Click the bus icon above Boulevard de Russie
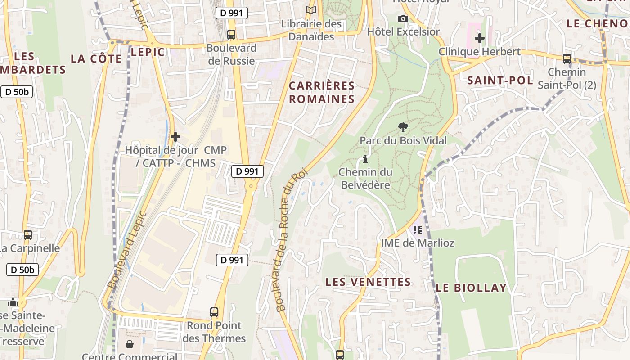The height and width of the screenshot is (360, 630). [231, 34]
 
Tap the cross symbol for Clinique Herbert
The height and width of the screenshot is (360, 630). [480, 38]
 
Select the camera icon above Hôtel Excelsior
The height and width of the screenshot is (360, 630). [403, 18]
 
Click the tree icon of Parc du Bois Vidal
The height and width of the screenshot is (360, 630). [403, 127]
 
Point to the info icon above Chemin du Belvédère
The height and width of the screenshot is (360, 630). [365, 159]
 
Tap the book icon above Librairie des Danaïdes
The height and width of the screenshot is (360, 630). [311, 10]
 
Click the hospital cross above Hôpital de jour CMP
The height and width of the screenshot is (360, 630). [175, 136]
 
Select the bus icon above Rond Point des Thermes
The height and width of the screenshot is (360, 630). [214, 312]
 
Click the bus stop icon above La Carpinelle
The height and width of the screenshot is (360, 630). [28, 234]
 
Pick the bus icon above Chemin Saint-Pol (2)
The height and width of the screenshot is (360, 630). [567, 58]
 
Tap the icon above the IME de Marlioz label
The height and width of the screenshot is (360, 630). [418, 230]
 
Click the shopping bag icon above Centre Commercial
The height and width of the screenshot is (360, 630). [130, 344]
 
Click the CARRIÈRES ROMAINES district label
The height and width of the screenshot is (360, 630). [322, 92]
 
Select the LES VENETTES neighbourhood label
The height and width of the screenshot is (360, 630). [368, 282]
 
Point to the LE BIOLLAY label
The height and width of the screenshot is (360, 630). [471, 288]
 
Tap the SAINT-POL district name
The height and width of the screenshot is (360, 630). [500, 81]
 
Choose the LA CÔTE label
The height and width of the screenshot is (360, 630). [96, 59]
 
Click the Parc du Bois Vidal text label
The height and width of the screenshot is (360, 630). [403, 141]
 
